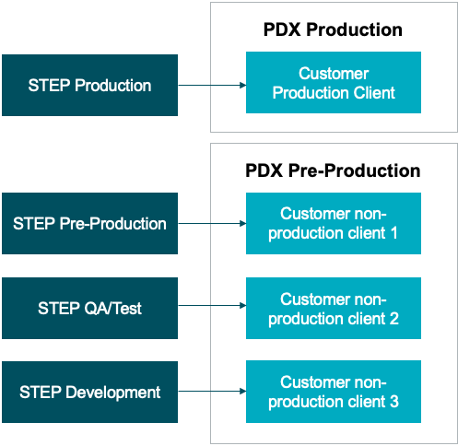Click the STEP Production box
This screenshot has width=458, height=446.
(x=89, y=85)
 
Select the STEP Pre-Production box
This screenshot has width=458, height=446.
(x=89, y=223)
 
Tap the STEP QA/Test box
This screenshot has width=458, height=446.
(x=89, y=308)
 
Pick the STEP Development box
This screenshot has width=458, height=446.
(x=89, y=392)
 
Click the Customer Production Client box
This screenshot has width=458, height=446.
(x=334, y=82)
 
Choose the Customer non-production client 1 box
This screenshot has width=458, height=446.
(x=334, y=223)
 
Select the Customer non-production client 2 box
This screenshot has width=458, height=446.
(x=334, y=308)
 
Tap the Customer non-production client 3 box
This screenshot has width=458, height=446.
(x=334, y=392)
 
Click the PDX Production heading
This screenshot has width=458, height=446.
(x=333, y=29)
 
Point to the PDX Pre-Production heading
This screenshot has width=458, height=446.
(x=333, y=170)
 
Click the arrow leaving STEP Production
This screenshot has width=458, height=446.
(x=212, y=85)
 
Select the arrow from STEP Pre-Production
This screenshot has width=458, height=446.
(x=212, y=223)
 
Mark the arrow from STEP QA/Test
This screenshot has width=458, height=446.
(x=212, y=305)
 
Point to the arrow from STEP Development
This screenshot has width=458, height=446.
(x=212, y=391)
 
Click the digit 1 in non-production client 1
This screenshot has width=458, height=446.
(x=394, y=233)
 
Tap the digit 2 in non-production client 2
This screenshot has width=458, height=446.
(x=394, y=319)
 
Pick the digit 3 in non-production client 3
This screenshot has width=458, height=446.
(x=394, y=402)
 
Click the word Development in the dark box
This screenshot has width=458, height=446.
(x=113, y=393)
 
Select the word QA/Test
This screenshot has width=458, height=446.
(x=112, y=308)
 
